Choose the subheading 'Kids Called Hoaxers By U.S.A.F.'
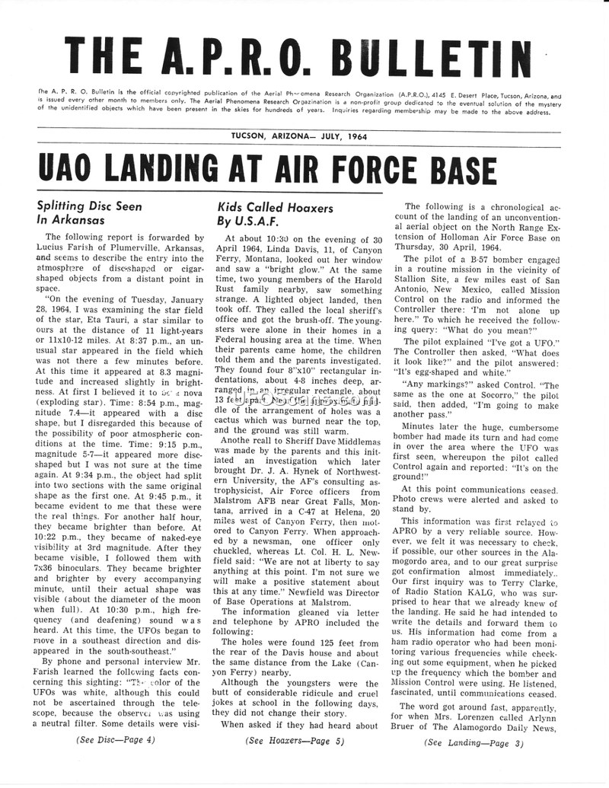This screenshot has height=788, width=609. pos(263,214)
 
